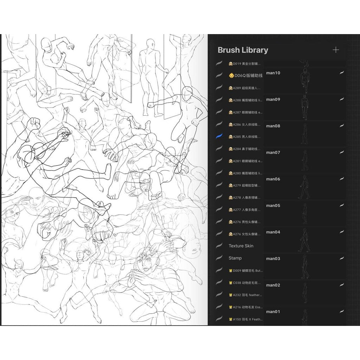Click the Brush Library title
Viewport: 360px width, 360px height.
click(x=243, y=50)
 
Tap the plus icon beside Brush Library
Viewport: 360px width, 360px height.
click(x=336, y=50)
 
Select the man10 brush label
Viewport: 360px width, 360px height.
click(x=273, y=73)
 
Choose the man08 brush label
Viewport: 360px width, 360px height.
click(x=273, y=126)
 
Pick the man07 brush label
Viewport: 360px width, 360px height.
click(x=273, y=153)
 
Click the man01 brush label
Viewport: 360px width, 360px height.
click(x=273, y=311)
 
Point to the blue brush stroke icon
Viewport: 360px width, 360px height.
click(x=219, y=136)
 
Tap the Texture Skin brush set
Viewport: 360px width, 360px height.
click(x=241, y=246)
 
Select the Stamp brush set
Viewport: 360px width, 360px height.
click(x=235, y=258)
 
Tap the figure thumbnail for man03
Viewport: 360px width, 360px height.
click(x=304, y=266)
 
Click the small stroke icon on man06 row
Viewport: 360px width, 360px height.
click(x=341, y=179)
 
